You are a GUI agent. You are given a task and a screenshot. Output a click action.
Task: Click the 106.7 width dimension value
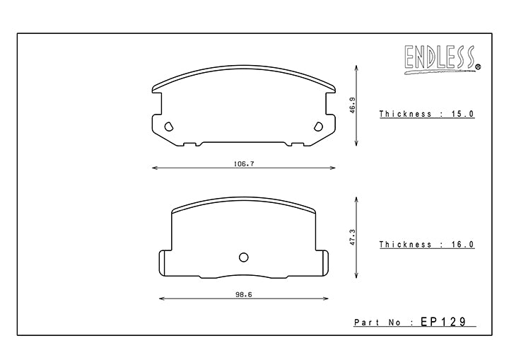[244, 163]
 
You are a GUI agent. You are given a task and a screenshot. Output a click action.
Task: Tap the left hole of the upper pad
[168, 127]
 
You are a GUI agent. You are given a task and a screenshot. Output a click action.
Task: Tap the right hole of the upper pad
[318, 127]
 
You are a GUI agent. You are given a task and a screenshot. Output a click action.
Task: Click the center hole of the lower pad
[244, 257]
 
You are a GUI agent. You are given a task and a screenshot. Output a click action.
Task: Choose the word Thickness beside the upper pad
[405, 113]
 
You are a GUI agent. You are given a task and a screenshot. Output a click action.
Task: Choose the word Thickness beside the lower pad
[405, 244]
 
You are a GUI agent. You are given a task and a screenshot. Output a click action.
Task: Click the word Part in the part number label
[366, 323]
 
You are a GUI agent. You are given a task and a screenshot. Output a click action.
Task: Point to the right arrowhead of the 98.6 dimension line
[327, 298]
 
